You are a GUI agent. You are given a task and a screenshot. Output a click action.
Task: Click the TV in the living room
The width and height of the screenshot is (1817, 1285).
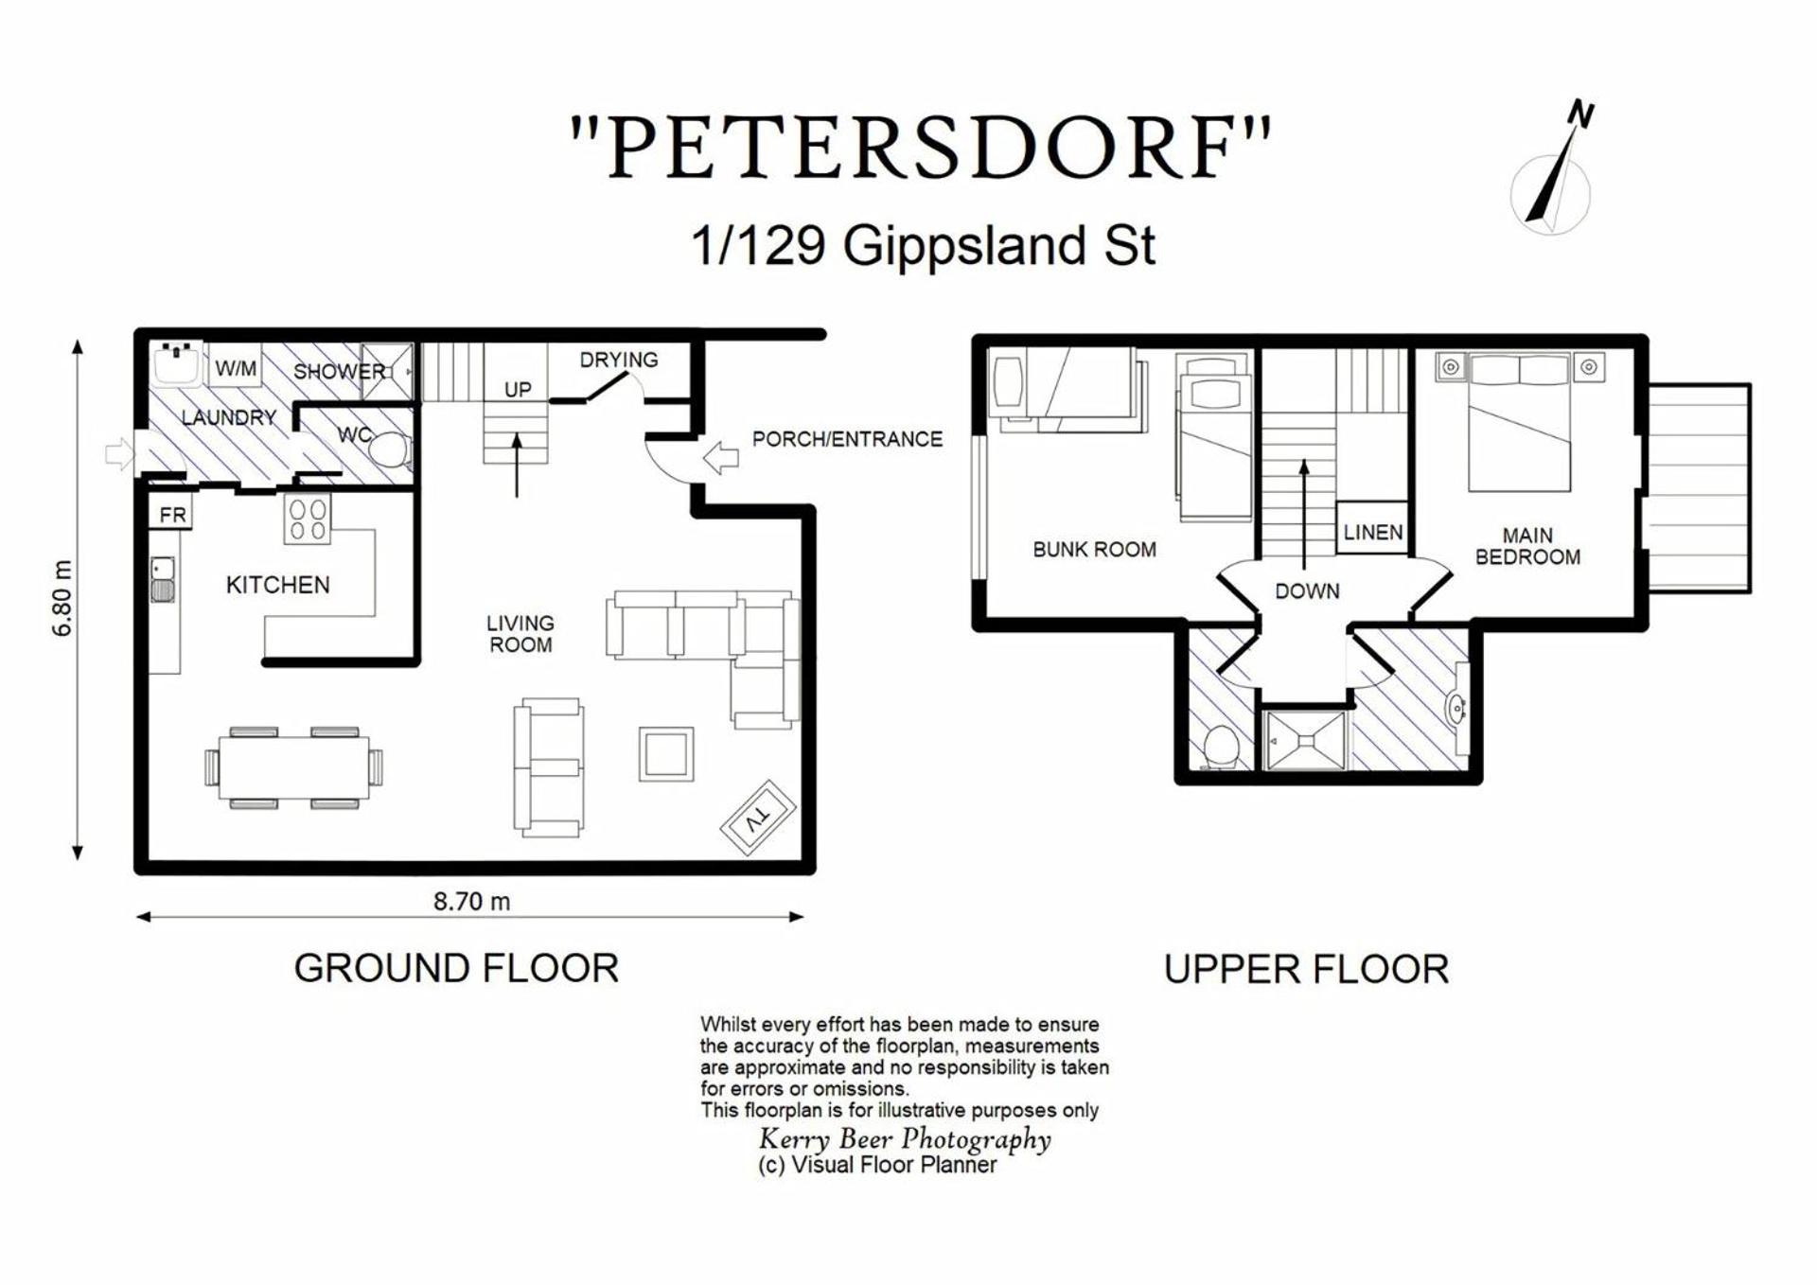pos(758,817)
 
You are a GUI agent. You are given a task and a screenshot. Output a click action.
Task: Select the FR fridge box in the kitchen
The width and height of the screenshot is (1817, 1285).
pos(172,515)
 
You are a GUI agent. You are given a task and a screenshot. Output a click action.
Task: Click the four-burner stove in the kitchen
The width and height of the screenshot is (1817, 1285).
pos(308,519)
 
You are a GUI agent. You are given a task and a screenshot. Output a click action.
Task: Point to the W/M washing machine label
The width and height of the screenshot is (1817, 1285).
pos(236,368)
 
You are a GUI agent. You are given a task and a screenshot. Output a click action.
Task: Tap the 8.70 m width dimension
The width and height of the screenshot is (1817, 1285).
pos(471,902)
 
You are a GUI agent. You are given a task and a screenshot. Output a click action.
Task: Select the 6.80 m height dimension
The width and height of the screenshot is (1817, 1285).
pos(62,598)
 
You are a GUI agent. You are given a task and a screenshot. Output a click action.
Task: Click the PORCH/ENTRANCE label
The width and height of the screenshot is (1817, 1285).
pos(847,439)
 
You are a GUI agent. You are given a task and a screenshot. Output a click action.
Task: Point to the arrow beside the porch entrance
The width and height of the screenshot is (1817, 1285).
pos(721,458)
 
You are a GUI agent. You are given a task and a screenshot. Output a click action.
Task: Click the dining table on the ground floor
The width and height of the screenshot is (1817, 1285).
pos(294,767)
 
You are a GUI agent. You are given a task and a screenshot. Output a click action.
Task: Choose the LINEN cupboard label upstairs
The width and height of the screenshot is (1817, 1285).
pos(1372,532)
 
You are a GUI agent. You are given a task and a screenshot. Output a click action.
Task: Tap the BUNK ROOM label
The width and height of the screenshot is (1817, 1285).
pos(1094,549)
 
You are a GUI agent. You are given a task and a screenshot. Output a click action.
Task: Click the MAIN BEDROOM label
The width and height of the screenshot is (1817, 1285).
pos(1527,547)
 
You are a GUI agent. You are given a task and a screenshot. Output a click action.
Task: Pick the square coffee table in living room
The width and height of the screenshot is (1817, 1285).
pos(666,754)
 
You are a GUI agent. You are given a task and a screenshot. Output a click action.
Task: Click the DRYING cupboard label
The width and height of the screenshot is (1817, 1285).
pos(619,360)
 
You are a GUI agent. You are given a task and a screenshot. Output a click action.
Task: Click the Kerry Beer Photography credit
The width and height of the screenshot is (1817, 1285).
pos(905,1139)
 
